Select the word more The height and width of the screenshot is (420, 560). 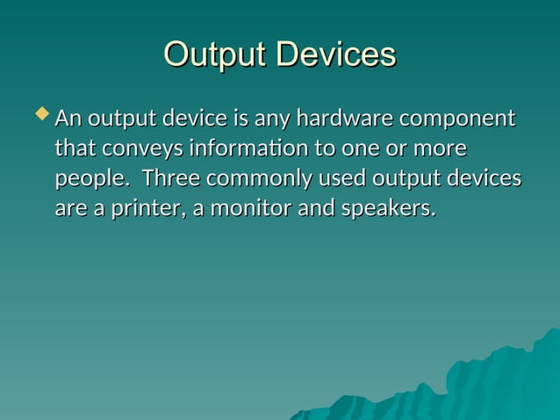pyautogui.click(x=442, y=148)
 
